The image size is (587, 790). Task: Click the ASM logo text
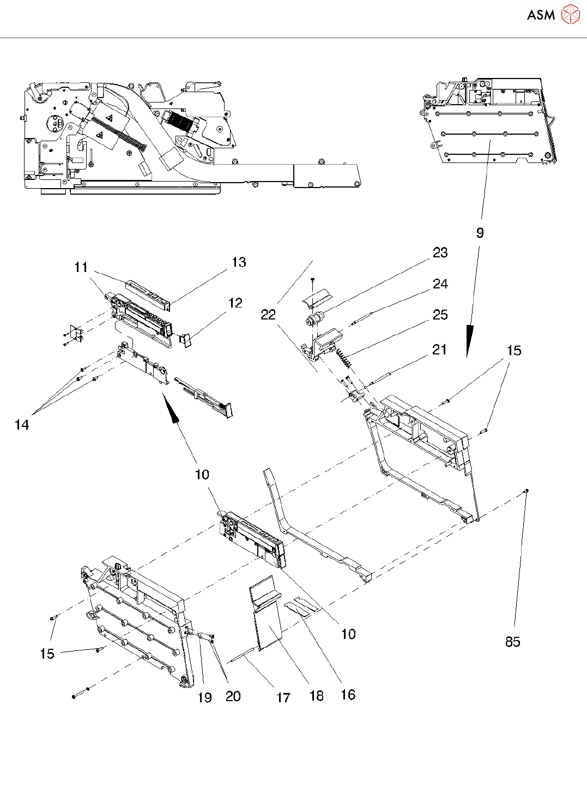point(541,15)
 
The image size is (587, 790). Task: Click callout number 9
point(480,233)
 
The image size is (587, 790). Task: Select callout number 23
point(440,252)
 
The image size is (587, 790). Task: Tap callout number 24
point(440,284)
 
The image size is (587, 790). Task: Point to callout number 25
point(440,315)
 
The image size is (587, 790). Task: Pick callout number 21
point(439,350)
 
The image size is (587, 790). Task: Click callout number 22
point(268,315)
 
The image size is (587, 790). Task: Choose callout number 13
point(239,262)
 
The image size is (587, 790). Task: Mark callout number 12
point(235,303)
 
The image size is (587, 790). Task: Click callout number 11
point(81,267)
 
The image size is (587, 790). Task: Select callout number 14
point(22,425)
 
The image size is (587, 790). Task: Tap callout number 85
point(513,642)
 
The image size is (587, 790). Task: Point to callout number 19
point(205,698)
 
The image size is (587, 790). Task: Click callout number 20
point(233,696)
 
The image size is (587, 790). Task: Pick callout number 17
point(283,698)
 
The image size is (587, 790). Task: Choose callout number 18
point(317,696)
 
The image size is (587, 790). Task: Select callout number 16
point(348,695)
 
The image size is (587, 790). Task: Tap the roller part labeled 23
point(314,318)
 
